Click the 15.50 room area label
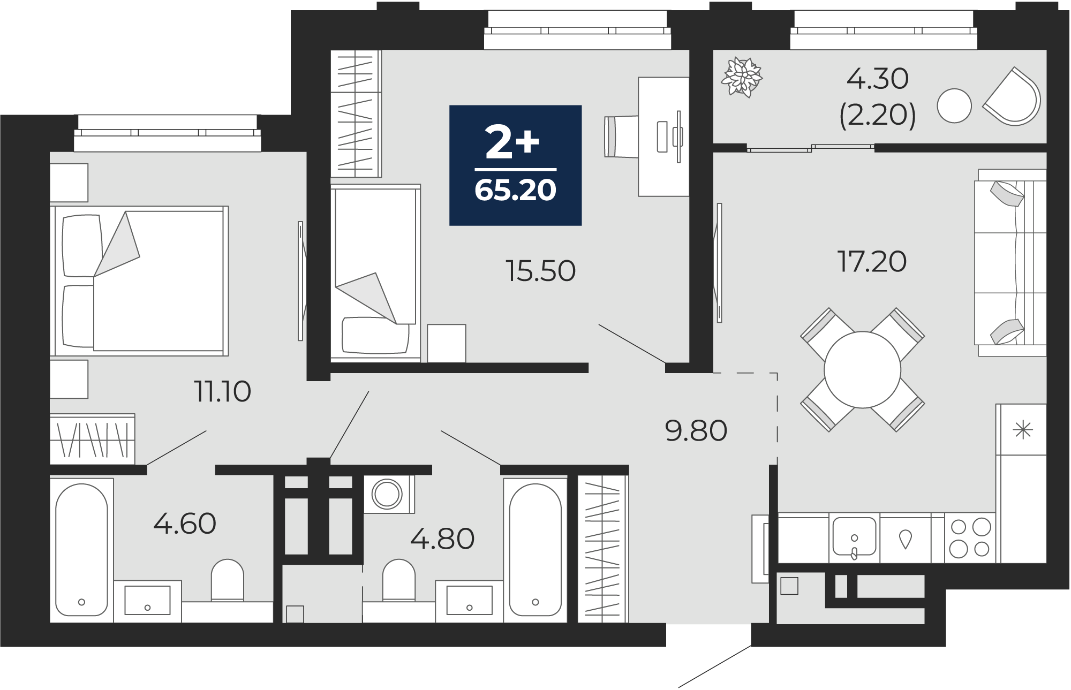pos(540,271)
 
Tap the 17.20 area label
pos(872,262)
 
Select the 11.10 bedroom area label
pos(222,391)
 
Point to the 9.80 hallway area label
pos(696,430)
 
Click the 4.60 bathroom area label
pos(185,524)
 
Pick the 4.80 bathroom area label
pos(442,539)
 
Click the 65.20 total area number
pos(515,191)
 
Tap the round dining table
pos(862,370)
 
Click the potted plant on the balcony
pos(742,77)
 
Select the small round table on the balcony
pos(954,105)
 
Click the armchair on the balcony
pos(1012,97)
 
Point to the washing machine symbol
pos(387,494)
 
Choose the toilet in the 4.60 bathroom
pos(228,580)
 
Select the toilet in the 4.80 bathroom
pos(399,580)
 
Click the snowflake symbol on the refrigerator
pos(1023,430)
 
